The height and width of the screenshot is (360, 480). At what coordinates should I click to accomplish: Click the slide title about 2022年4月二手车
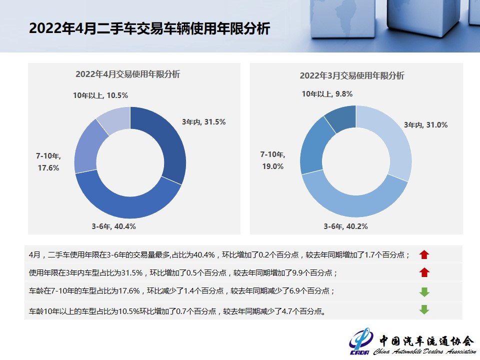[x=149, y=28]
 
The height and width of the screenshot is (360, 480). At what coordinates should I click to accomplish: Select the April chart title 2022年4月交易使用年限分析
[x=128, y=74]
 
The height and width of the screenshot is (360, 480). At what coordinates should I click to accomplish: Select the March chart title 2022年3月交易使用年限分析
[x=352, y=75]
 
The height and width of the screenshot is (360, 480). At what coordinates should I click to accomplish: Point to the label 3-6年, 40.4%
[x=113, y=226]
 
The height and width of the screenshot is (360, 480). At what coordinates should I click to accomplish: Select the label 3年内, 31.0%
[x=425, y=125]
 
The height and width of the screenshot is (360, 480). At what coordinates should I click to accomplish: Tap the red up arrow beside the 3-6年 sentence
[x=424, y=254]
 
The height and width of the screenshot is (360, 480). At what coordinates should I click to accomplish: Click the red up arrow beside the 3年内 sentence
[x=424, y=272]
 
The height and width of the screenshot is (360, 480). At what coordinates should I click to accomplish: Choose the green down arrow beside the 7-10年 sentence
[x=424, y=291]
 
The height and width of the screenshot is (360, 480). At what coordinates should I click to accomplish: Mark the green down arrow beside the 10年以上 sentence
[x=424, y=309]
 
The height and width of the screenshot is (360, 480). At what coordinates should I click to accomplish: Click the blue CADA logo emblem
[x=361, y=340]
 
